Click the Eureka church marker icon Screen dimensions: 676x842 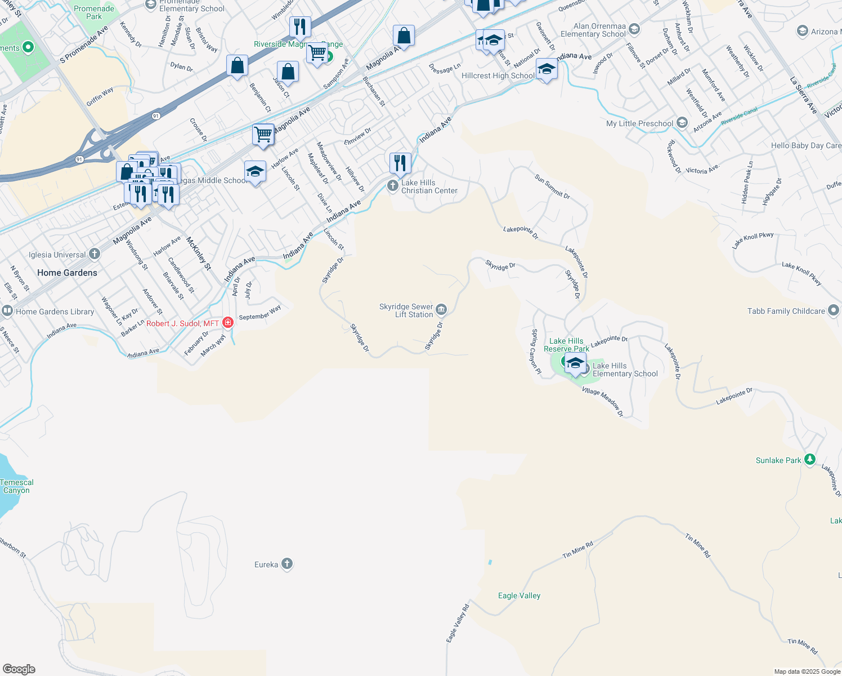[287, 564]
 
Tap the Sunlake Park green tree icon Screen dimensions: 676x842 [809, 460]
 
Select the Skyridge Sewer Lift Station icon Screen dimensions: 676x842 [441, 309]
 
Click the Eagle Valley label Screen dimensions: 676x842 [519, 595]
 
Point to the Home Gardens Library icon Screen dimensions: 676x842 [7, 311]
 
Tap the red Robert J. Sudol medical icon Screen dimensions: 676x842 [228, 323]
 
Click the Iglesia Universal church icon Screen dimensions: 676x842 [95, 254]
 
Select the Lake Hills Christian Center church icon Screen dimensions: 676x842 [393, 185]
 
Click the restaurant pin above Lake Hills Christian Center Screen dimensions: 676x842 [400, 163]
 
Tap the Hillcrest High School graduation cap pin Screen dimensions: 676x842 [546, 69]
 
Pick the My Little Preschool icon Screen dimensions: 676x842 [682, 123]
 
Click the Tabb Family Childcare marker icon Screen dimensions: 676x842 [834, 310]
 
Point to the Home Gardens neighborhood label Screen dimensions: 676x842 [67, 273]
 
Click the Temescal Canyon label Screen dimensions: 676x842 [17, 486]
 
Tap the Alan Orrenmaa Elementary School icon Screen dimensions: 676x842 [634, 29]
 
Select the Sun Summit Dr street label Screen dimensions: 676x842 [552, 186]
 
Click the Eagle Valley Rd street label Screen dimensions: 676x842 [458, 624]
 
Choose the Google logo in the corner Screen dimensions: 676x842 [19, 669]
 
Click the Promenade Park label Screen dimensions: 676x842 [94, 12]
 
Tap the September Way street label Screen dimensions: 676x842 [259, 314]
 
